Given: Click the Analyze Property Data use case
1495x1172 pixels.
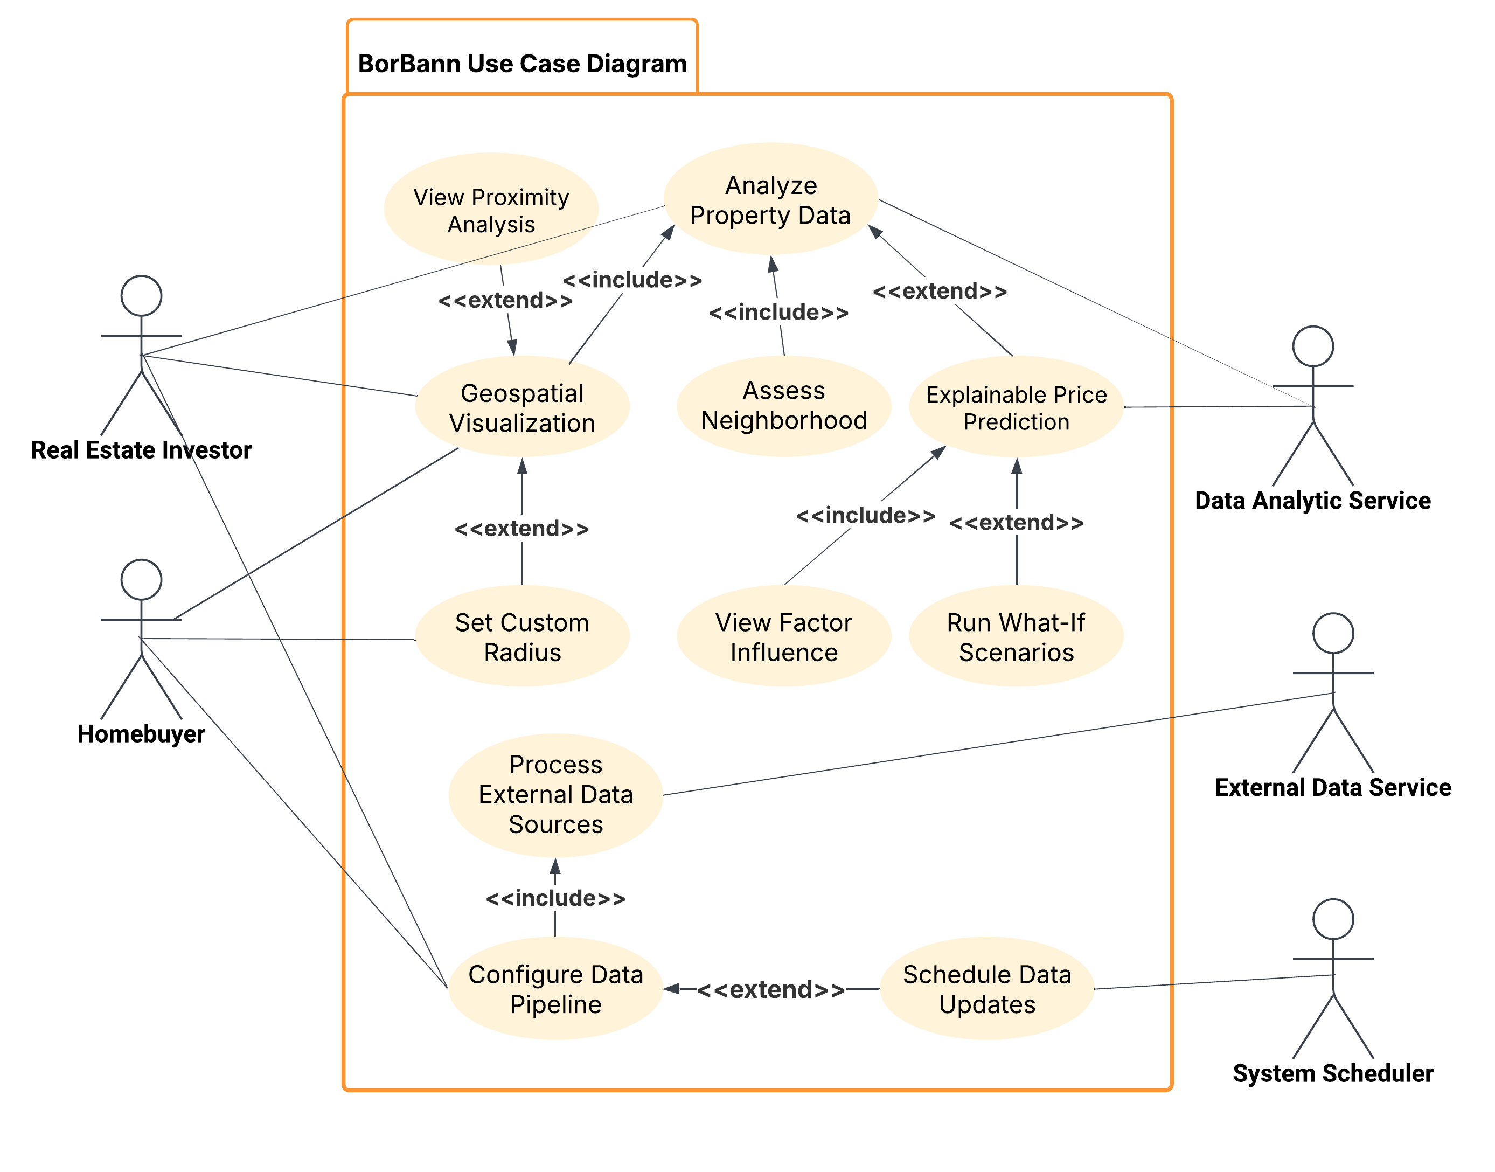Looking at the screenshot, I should (770, 200).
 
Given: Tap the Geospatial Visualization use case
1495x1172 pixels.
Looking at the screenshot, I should (521, 407).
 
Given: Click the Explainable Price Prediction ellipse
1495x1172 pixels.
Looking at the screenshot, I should (1016, 407).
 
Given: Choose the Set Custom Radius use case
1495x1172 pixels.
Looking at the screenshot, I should (521, 637).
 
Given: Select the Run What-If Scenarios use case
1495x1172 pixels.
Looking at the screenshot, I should (1016, 637).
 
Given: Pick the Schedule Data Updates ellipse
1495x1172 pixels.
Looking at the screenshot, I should (986, 989).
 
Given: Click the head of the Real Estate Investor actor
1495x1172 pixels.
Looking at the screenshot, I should (141, 296).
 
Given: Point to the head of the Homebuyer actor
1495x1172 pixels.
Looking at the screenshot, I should (141, 579).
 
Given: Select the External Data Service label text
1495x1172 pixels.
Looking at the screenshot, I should (1332, 787).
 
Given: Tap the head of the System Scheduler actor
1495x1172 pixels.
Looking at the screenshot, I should (1332, 919).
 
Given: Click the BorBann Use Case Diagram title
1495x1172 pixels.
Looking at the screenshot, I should (522, 64).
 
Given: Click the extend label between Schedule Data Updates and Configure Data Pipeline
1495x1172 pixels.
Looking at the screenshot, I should (770, 989).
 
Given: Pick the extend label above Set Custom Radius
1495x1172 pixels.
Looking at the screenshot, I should (521, 529).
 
